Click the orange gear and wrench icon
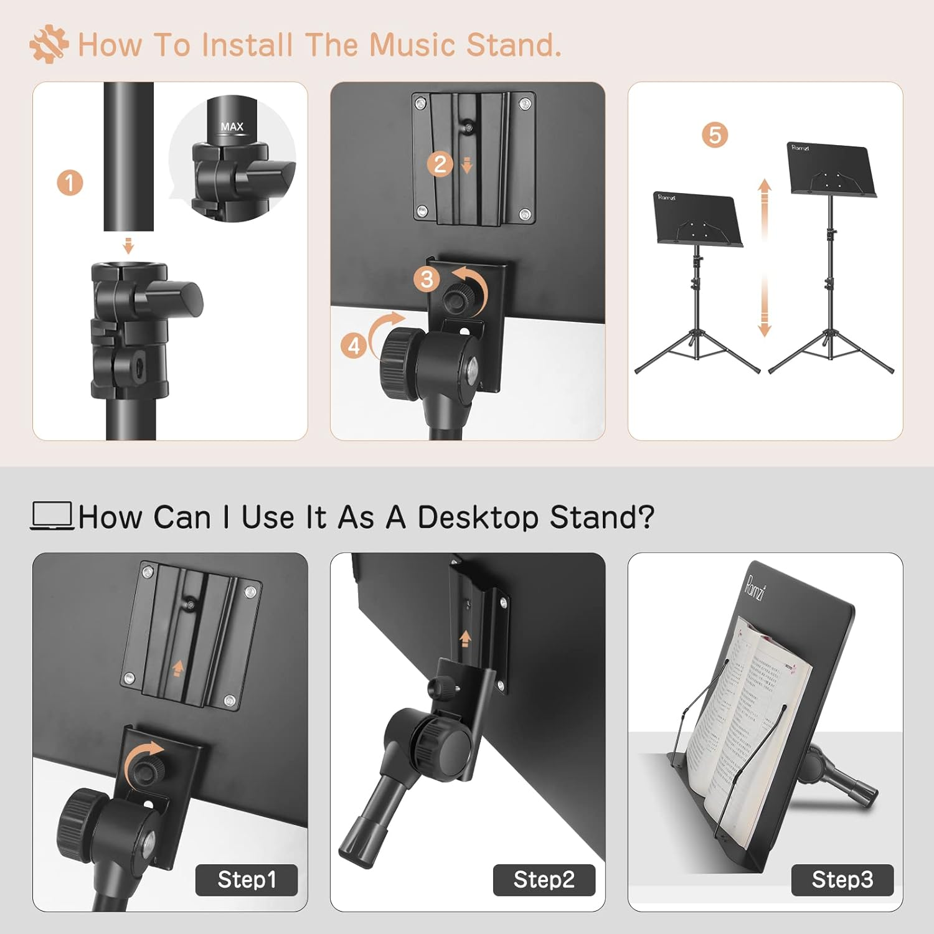[x=49, y=45]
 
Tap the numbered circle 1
[x=70, y=183]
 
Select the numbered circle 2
[x=440, y=164]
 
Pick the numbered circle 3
[x=427, y=279]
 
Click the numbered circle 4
[x=354, y=346]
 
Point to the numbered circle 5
[x=715, y=135]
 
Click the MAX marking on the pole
[x=232, y=126]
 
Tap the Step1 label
[x=247, y=880]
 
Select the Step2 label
[x=544, y=880]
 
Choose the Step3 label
[x=842, y=880]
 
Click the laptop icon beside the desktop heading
[x=52, y=516]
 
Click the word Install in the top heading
[x=247, y=45]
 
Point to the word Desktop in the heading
[x=478, y=517]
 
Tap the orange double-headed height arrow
[x=765, y=258]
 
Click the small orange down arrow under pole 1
[x=129, y=245]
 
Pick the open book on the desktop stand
[x=747, y=716]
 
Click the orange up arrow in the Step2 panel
[x=465, y=639]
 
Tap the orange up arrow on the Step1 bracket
[x=177, y=668]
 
